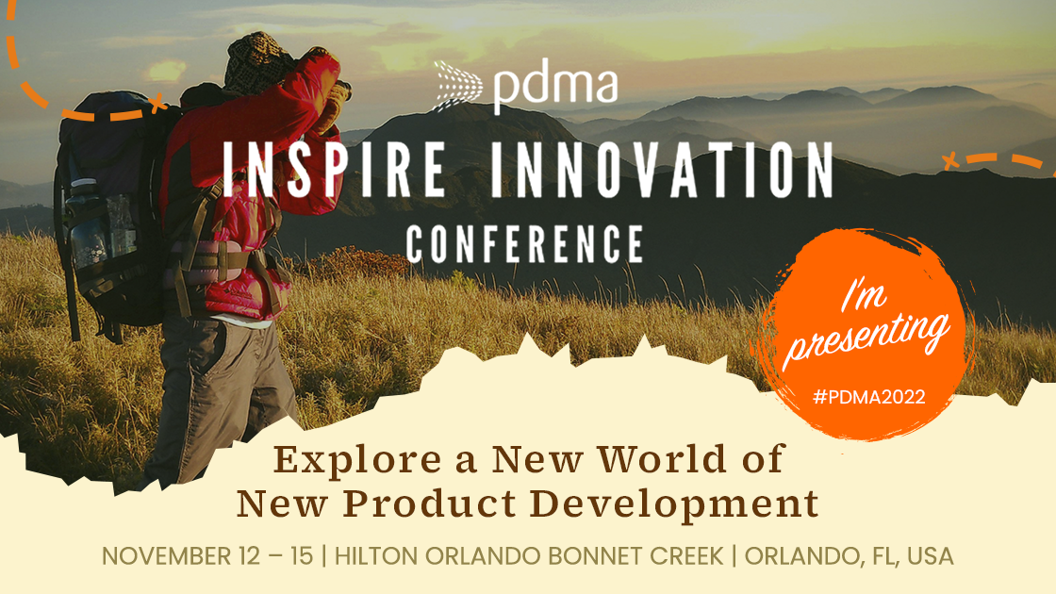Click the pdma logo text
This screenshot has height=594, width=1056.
click(555, 86)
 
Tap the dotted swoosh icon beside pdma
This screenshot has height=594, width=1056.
click(458, 86)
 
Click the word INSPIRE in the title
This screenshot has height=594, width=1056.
click(334, 170)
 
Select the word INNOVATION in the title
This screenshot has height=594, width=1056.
click(662, 170)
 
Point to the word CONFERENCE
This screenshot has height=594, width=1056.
click(524, 243)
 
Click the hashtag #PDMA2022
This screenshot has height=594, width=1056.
click(868, 397)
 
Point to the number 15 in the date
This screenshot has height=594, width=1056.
click(302, 556)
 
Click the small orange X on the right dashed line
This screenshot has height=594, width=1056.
click(950, 161)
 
